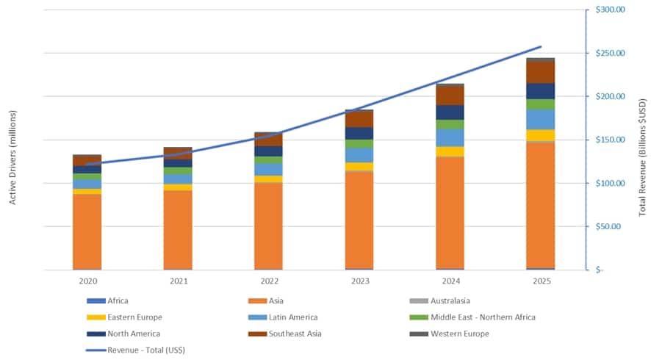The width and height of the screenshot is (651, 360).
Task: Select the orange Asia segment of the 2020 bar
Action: pyautogui.click(x=87, y=231)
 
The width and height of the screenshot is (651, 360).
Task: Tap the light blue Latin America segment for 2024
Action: pyautogui.click(x=450, y=137)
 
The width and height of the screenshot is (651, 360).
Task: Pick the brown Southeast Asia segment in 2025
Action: pyautogui.click(x=540, y=72)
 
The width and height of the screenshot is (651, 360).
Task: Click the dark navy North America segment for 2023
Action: pyautogui.click(x=359, y=133)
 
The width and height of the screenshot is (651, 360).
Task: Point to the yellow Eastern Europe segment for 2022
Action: pyautogui.click(x=269, y=179)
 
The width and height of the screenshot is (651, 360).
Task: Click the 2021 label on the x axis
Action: pyautogui.click(x=179, y=281)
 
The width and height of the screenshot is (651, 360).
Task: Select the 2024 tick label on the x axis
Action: pyautogui.click(x=450, y=281)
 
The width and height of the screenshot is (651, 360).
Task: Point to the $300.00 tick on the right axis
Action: pyautogui.click(x=610, y=10)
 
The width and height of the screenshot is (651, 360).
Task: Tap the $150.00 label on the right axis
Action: pyautogui.click(x=610, y=140)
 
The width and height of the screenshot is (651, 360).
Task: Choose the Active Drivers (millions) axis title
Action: pyautogui.click(x=13, y=156)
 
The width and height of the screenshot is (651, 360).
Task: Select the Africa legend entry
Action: pyautogui.click(x=118, y=300)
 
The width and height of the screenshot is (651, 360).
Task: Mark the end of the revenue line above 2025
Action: pyautogui.click(x=541, y=47)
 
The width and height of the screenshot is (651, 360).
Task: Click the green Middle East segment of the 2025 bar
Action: pyautogui.click(x=540, y=104)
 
